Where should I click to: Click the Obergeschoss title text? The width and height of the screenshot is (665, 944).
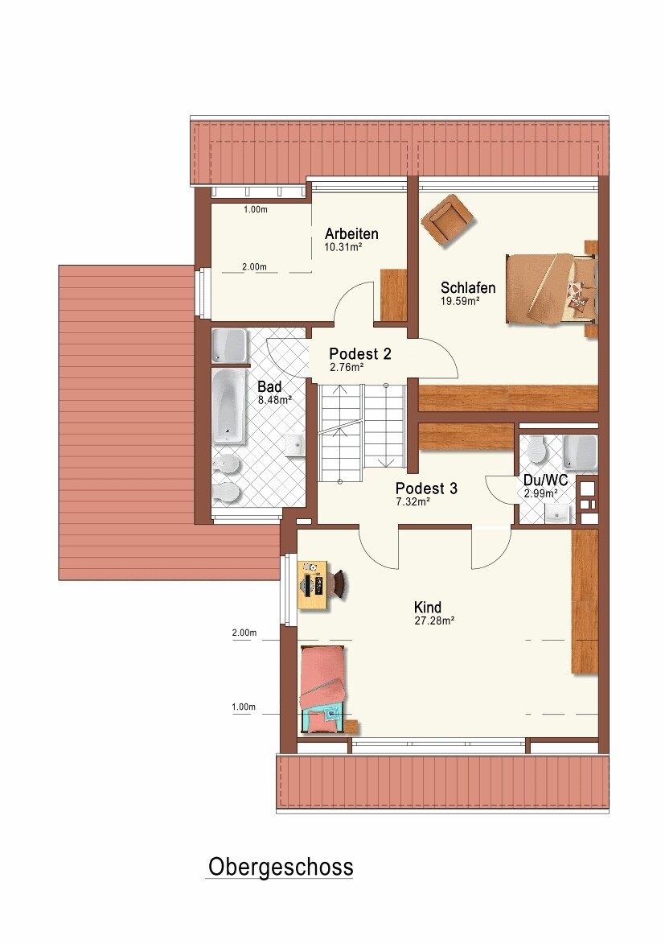click(281, 868)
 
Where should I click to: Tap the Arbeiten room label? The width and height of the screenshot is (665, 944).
click(351, 233)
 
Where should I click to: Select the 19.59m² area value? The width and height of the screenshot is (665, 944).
click(460, 301)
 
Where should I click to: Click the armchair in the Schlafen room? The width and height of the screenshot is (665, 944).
click(447, 220)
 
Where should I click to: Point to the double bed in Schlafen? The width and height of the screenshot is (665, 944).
click(552, 289)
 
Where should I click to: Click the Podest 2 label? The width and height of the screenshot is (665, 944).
click(360, 354)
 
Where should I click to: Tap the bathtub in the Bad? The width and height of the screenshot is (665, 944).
click(229, 406)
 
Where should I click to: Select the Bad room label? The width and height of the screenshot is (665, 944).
click(269, 386)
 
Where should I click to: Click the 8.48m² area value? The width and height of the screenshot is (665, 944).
click(275, 400)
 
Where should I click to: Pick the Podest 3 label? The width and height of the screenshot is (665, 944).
click(426, 488)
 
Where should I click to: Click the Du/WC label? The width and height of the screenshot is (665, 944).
click(545, 481)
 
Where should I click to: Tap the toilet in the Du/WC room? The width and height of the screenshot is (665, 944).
click(535, 448)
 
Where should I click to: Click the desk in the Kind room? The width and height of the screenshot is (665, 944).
click(313, 585)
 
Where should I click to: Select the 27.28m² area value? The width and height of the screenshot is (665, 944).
click(434, 620)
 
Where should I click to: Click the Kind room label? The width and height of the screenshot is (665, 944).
click(427, 607)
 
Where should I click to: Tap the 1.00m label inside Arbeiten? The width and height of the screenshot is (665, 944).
click(255, 209)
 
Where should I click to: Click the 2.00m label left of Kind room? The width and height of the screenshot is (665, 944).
click(244, 633)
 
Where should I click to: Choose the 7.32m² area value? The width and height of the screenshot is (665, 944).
click(413, 501)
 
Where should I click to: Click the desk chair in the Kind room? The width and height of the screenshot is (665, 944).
click(339, 585)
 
